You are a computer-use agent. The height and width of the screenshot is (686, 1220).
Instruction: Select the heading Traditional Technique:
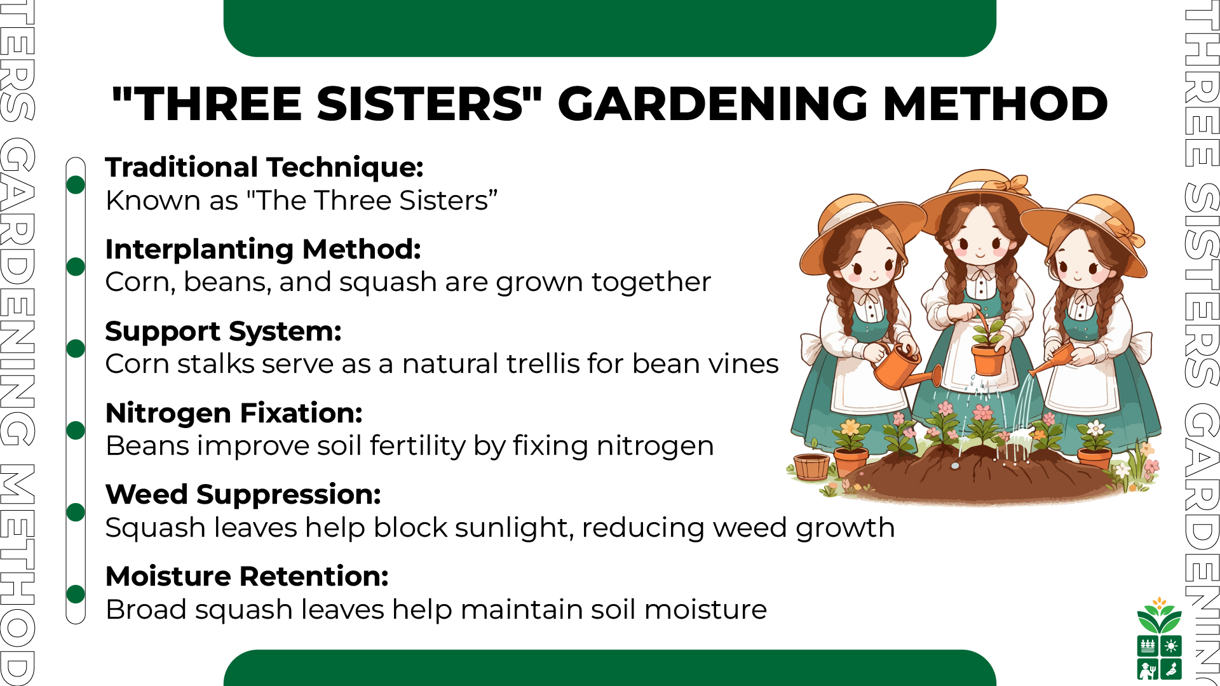point(264,168)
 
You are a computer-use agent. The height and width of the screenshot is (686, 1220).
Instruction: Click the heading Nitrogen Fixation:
point(234,413)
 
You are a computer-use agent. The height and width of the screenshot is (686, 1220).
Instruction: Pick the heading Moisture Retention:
point(247,576)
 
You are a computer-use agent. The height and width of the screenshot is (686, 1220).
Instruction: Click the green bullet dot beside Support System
point(76,348)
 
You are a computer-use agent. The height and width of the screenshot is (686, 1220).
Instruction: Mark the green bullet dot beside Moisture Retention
point(76,594)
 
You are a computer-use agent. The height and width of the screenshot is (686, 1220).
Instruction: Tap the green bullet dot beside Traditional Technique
point(76,184)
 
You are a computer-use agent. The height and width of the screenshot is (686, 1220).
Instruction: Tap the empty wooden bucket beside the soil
point(811,467)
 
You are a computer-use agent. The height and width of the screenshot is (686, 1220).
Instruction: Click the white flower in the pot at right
point(1095,427)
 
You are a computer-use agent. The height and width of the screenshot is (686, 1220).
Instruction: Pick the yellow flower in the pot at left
point(851,427)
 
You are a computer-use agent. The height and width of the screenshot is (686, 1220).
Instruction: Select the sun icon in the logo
point(1171,646)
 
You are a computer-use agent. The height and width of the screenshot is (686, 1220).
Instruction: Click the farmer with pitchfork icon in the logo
point(1148,669)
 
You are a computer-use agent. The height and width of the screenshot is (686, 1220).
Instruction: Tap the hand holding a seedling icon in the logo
point(1171,669)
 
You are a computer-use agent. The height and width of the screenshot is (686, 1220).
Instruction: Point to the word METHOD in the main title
point(996,104)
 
